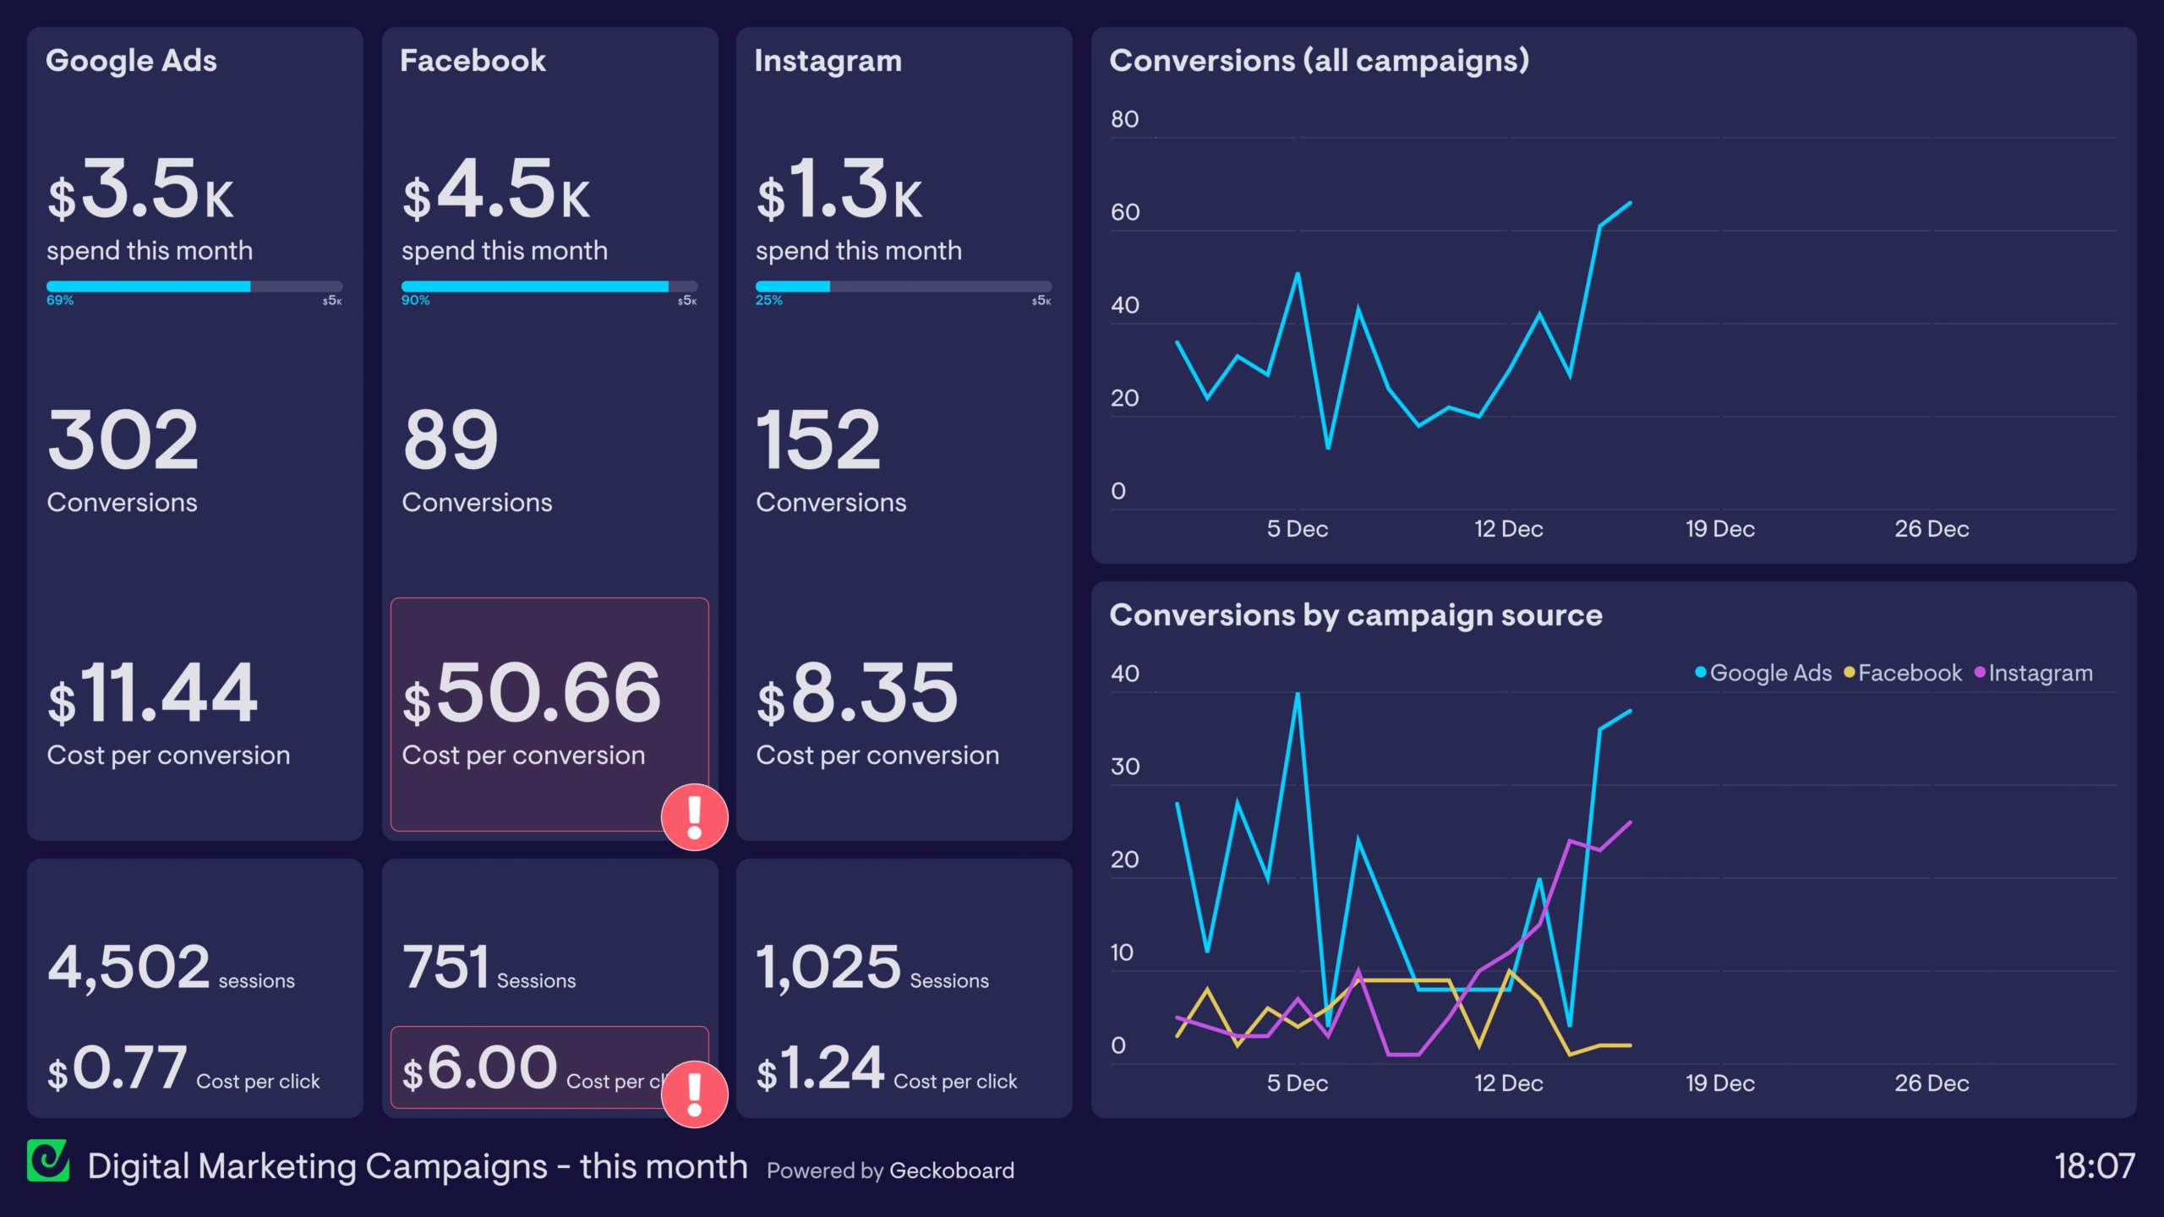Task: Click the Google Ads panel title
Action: [x=131, y=61]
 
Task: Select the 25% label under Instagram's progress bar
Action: [x=768, y=301]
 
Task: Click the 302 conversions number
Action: [x=123, y=440]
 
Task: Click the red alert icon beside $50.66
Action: [x=694, y=817]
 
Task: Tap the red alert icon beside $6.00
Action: [x=694, y=1094]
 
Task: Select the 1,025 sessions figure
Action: [x=828, y=968]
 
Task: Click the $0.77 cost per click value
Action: [x=117, y=1069]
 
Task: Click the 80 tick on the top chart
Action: [x=1124, y=120]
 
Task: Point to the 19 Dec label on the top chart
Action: [x=1719, y=530]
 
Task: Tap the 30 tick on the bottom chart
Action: [x=1124, y=767]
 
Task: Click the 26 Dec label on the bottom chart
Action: [x=1931, y=1084]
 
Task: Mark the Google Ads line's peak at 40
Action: [x=1297, y=694]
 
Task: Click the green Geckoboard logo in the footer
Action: [x=48, y=1161]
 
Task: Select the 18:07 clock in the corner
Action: [x=2094, y=1167]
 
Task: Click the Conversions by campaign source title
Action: [x=1355, y=615]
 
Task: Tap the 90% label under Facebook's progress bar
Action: [x=415, y=301]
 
